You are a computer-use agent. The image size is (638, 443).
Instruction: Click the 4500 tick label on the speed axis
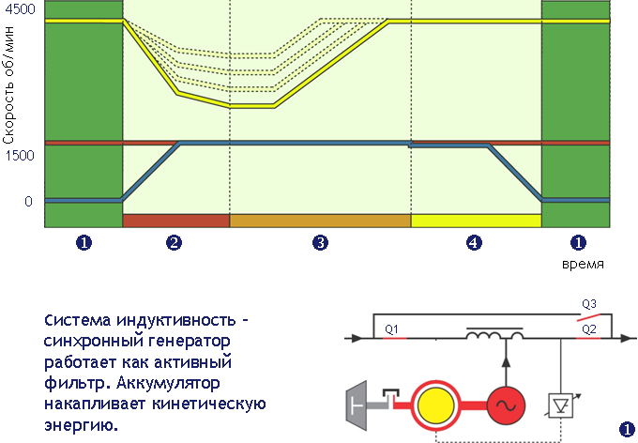tap(18, 8)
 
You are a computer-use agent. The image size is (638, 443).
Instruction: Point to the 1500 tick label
tap(18, 155)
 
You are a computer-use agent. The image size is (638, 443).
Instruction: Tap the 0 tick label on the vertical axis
tap(28, 201)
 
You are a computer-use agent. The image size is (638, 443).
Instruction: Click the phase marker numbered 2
tap(175, 243)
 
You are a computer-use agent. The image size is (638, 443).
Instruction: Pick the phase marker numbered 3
tap(321, 243)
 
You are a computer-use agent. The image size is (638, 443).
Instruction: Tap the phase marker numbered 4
tap(474, 243)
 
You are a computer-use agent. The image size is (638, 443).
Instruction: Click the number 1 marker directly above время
tap(578, 243)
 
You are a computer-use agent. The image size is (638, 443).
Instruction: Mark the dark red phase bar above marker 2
tap(175, 221)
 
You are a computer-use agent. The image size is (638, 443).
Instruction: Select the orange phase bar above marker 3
tap(320, 221)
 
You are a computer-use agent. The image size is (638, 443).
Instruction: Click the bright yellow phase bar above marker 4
tap(477, 221)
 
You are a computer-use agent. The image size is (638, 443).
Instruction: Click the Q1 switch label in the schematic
tap(392, 329)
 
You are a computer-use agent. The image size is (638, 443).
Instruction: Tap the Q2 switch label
tap(589, 329)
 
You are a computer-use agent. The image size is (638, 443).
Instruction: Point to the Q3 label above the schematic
tap(589, 304)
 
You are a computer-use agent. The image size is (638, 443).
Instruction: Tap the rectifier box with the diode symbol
tap(562, 406)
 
